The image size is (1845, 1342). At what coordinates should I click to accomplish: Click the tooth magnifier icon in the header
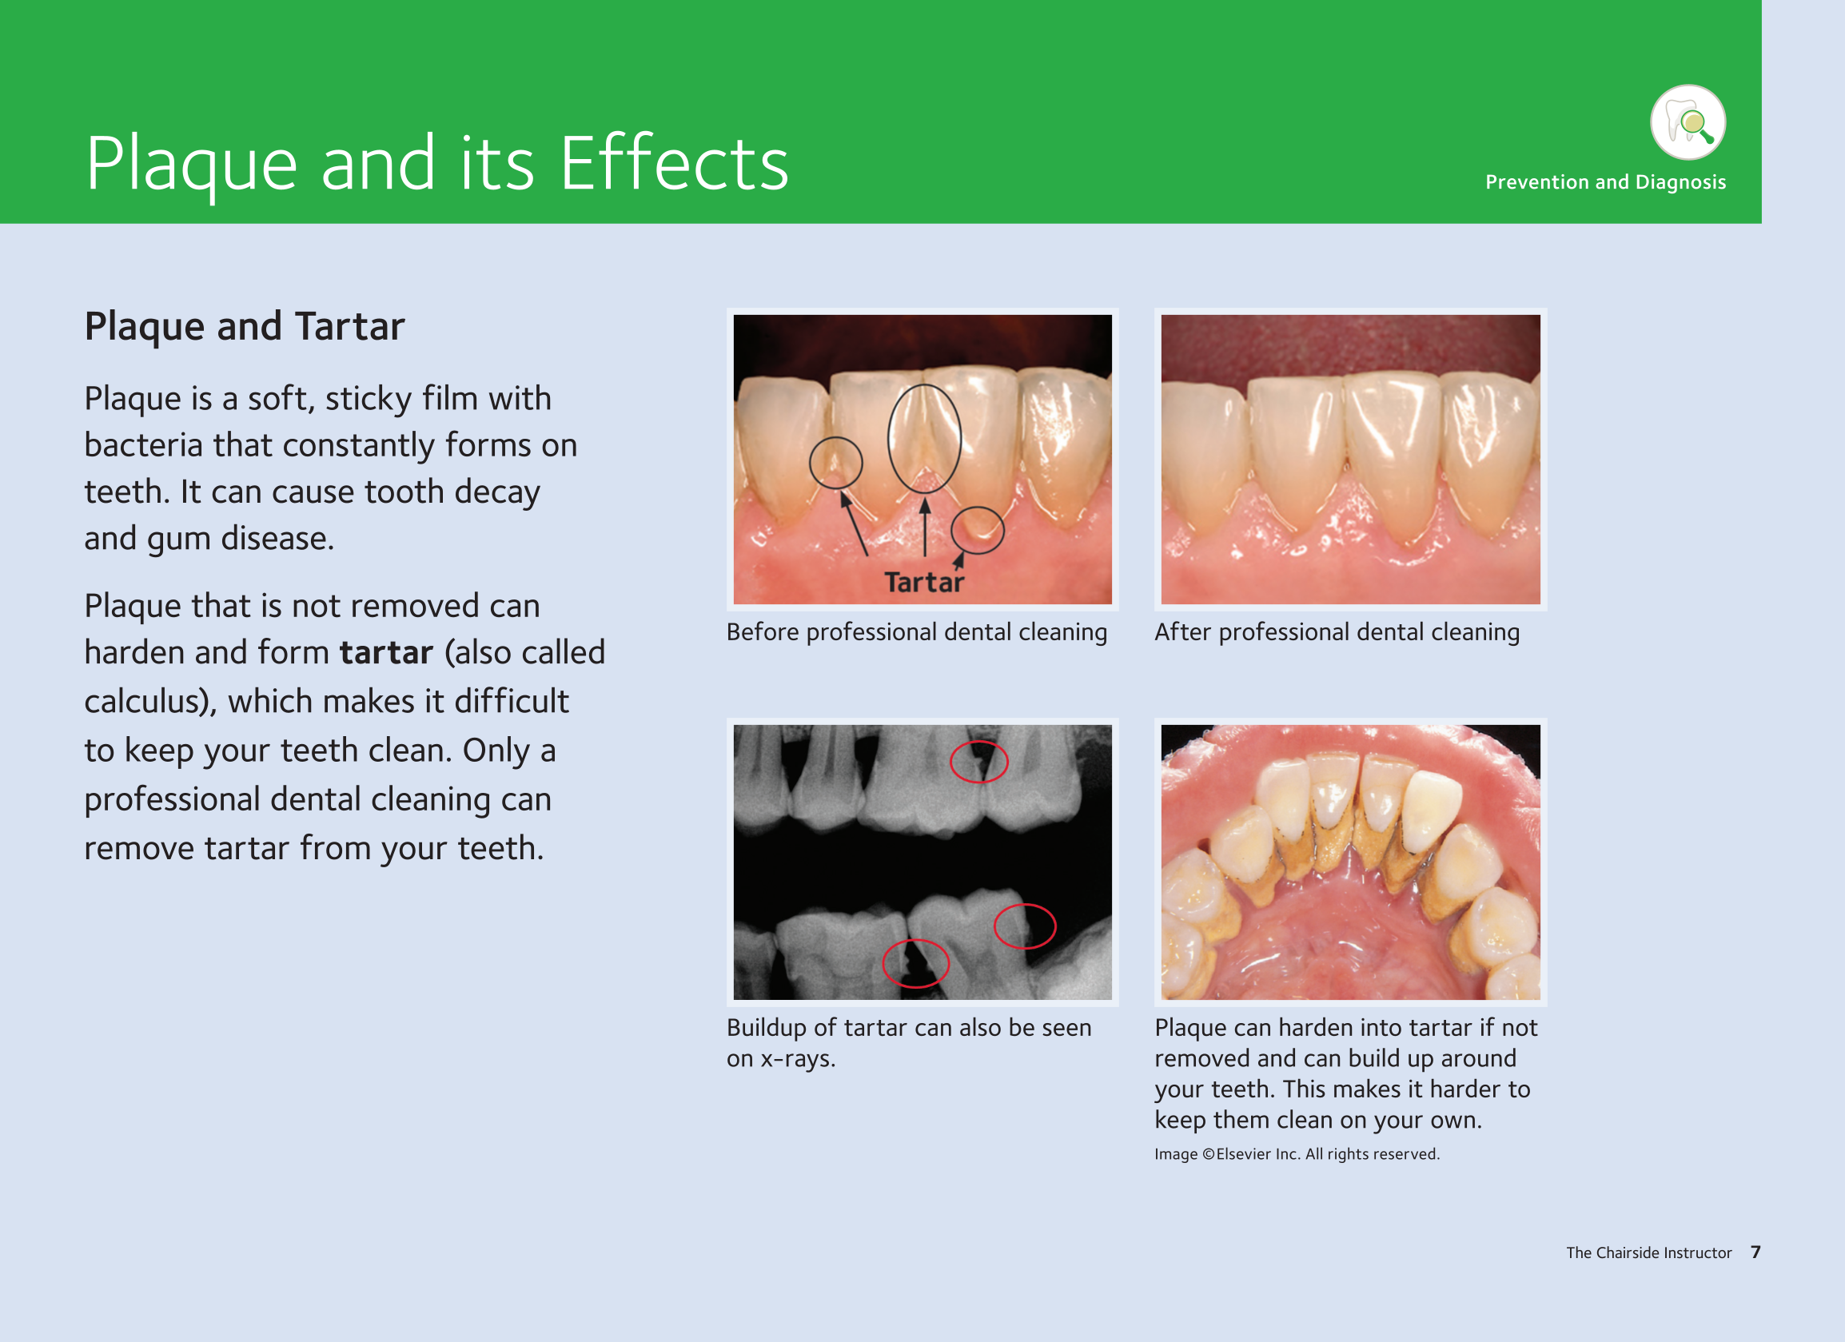coord(1688,122)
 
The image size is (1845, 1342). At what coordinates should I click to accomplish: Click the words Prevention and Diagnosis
coord(1605,182)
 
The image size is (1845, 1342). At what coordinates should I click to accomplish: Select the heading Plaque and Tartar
coord(244,327)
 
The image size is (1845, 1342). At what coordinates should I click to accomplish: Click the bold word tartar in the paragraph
coord(386,653)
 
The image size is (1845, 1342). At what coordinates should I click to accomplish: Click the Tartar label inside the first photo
coord(924,583)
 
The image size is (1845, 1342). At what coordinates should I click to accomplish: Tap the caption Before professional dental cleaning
coord(917,633)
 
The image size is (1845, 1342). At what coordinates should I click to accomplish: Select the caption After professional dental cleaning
coord(1337,633)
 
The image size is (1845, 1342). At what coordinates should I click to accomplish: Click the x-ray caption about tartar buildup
coord(909,1043)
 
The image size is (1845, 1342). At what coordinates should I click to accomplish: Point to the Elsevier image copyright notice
coord(1297,1154)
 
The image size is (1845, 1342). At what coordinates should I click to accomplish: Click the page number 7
coord(1755,1252)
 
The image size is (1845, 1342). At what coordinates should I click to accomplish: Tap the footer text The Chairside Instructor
coord(1649,1253)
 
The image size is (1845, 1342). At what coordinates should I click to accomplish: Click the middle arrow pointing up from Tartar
coord(925,527)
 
